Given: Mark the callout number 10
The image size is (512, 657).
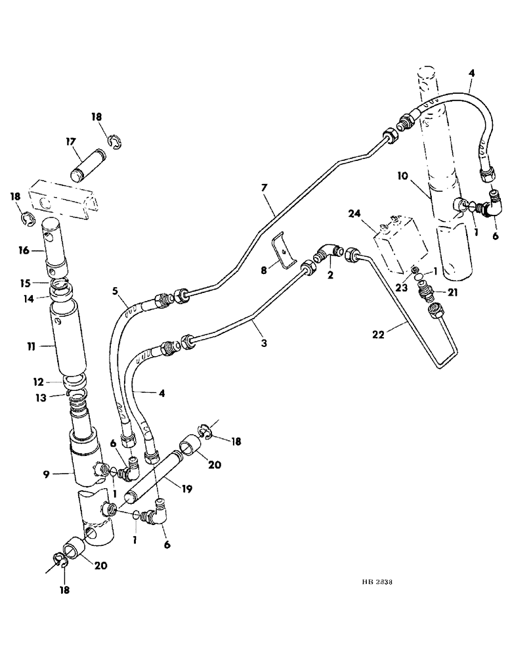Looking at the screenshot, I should click(402, 176).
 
